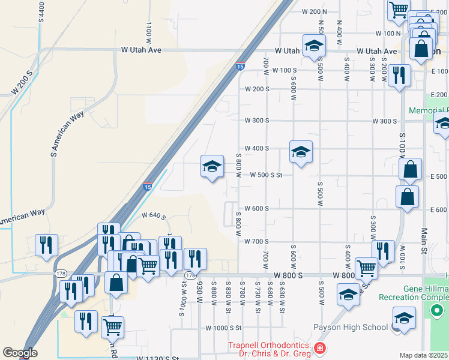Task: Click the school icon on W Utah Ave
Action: click(313, 47)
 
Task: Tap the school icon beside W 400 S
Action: click(301, 152)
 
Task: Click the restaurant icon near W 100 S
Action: click(398, 76)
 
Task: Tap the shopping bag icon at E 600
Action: click(407, 197)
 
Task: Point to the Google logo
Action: click(20, 353)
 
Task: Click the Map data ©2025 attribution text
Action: click(424, 355)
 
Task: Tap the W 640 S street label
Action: click(153, 215)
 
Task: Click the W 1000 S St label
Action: click(223, 328)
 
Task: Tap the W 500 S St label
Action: click(263, 176)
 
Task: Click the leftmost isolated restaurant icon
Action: click(46, 245)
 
